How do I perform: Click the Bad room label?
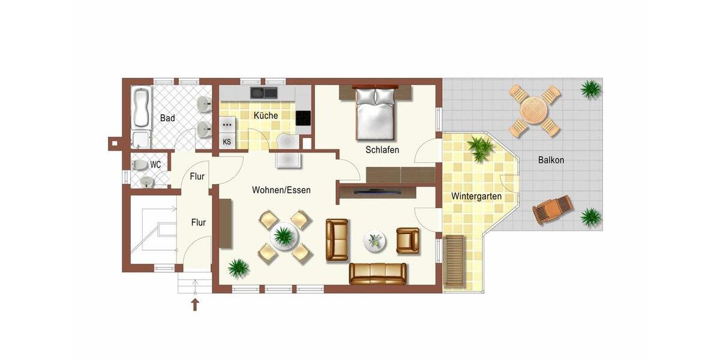(167, 118)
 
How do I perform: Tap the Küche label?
(265, 115)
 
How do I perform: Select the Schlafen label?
(382, 150)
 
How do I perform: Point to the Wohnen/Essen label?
(281, 190)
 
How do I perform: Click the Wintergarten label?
(476, 196)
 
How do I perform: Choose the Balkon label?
(551, 160)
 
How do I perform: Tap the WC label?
(155, 164)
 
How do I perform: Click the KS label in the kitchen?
(227, 142)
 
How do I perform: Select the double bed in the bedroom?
(376, 113)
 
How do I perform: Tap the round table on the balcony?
(534, 110)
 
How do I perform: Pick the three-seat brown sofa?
(378, 273)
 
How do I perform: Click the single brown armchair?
(408, 239)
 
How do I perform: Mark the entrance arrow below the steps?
(195, 304)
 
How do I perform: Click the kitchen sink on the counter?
(264, 92)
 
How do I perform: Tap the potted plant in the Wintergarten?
(481, 148)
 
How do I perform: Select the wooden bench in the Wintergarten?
(454, 260)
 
